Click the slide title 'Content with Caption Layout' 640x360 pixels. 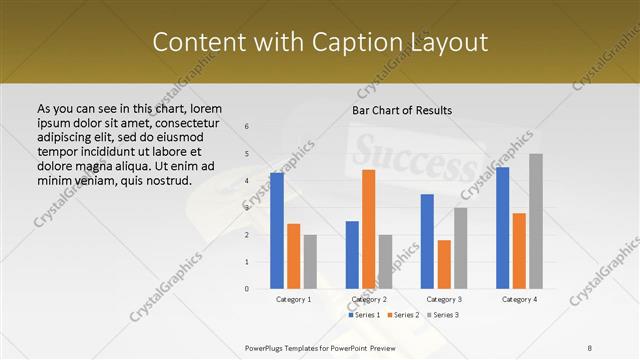point(320,42)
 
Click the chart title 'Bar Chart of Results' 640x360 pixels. point(402,110)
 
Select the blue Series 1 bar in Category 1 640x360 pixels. point(277,231)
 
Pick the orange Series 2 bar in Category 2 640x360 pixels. point(369,229)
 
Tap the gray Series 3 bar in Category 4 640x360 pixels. point(536,221)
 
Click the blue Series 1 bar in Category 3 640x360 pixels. point(427,241)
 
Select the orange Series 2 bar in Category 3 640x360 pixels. point(444,264)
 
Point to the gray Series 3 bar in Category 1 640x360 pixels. point(310,262)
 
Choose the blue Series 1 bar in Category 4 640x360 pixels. point(503,228)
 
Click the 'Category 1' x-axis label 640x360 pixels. point(293,299)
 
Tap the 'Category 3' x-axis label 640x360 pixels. point(444,299)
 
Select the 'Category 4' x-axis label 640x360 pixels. point(519,299)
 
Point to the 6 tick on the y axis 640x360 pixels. point(247,127)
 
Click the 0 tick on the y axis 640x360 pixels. point(247,289)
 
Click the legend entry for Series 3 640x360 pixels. point(442,315)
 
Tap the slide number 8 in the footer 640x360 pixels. point(590,347)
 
